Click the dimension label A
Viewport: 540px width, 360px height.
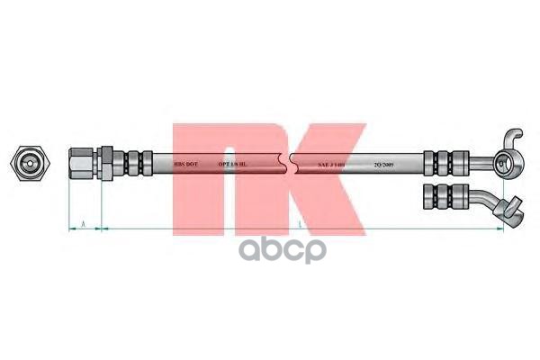pos(84,221)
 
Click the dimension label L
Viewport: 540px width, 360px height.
pos(300,221)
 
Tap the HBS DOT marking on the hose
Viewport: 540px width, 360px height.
pos(185,166)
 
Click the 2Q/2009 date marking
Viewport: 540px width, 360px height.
pos(382,166)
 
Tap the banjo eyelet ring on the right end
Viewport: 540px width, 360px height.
pos(500,165)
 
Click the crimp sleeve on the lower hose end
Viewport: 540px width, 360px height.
pos(445,196)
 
